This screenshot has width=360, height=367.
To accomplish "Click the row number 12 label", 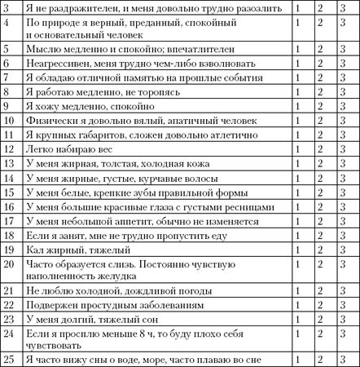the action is [7, 146].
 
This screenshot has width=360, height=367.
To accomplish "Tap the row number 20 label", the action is [7, 263].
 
